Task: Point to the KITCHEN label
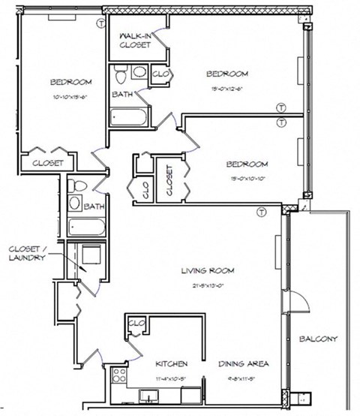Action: (171, 363)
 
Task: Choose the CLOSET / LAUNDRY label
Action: (27, 253)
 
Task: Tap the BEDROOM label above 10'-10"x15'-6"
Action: (71, 83)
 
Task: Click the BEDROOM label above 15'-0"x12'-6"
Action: (226, 74)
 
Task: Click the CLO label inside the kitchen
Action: (136, 324)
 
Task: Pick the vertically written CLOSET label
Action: (169, 181)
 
